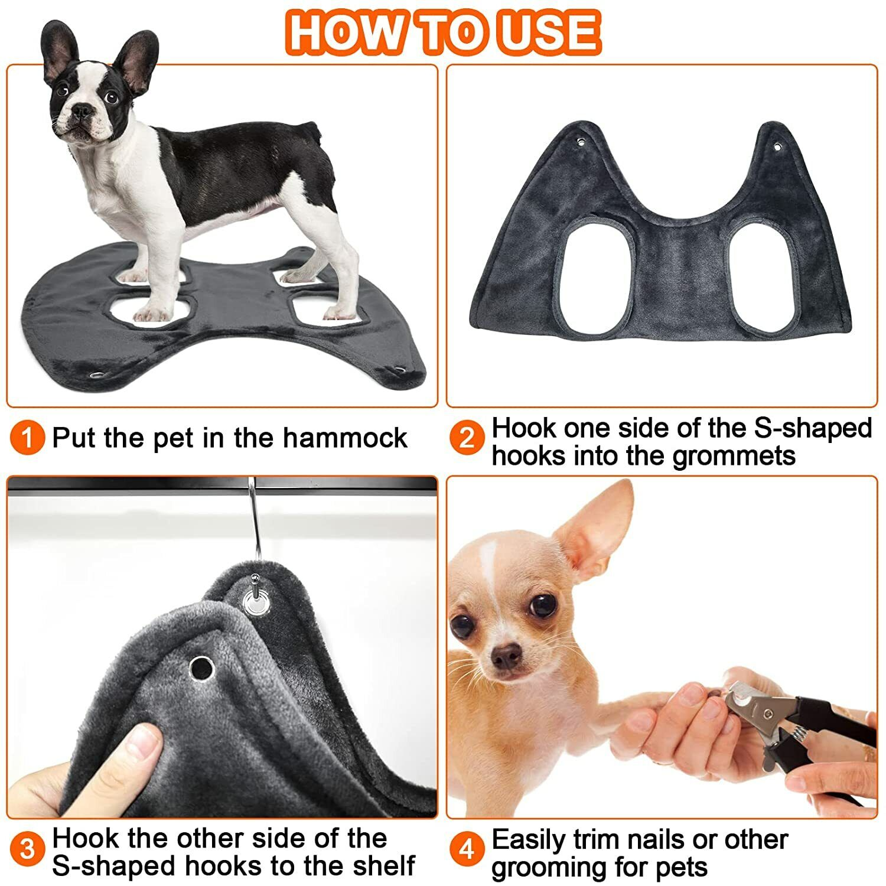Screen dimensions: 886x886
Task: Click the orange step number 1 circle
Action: point(27,438)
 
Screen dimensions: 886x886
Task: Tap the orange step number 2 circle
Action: point(467,439)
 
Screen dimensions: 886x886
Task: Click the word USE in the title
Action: point(549,32)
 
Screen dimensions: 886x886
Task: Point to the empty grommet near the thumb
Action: point(201,667)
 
